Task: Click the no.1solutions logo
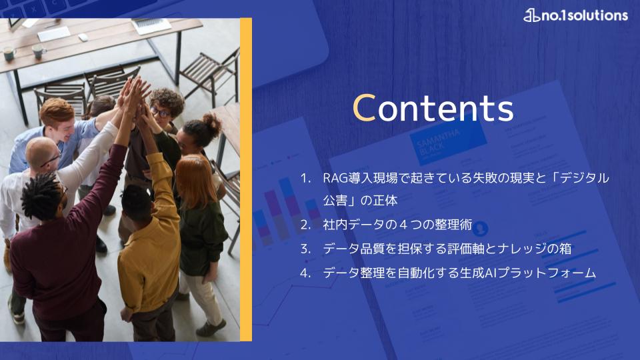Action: [x=575, y=15]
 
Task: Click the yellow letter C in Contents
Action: [x=364, y=108]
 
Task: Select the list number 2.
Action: [x=305, y=225]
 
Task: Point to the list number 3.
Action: [x=305, y=249]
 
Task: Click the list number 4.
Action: [x=305, y=273]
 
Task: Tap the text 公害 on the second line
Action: [x=335, y=201]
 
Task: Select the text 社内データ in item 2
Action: [x=353, y=225]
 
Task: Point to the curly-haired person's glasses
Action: [x=160, y=111]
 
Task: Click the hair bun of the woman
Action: [x=212, y=123]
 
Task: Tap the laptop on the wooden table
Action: [x=151, y=25]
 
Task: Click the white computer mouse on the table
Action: [x=83, y=37]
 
